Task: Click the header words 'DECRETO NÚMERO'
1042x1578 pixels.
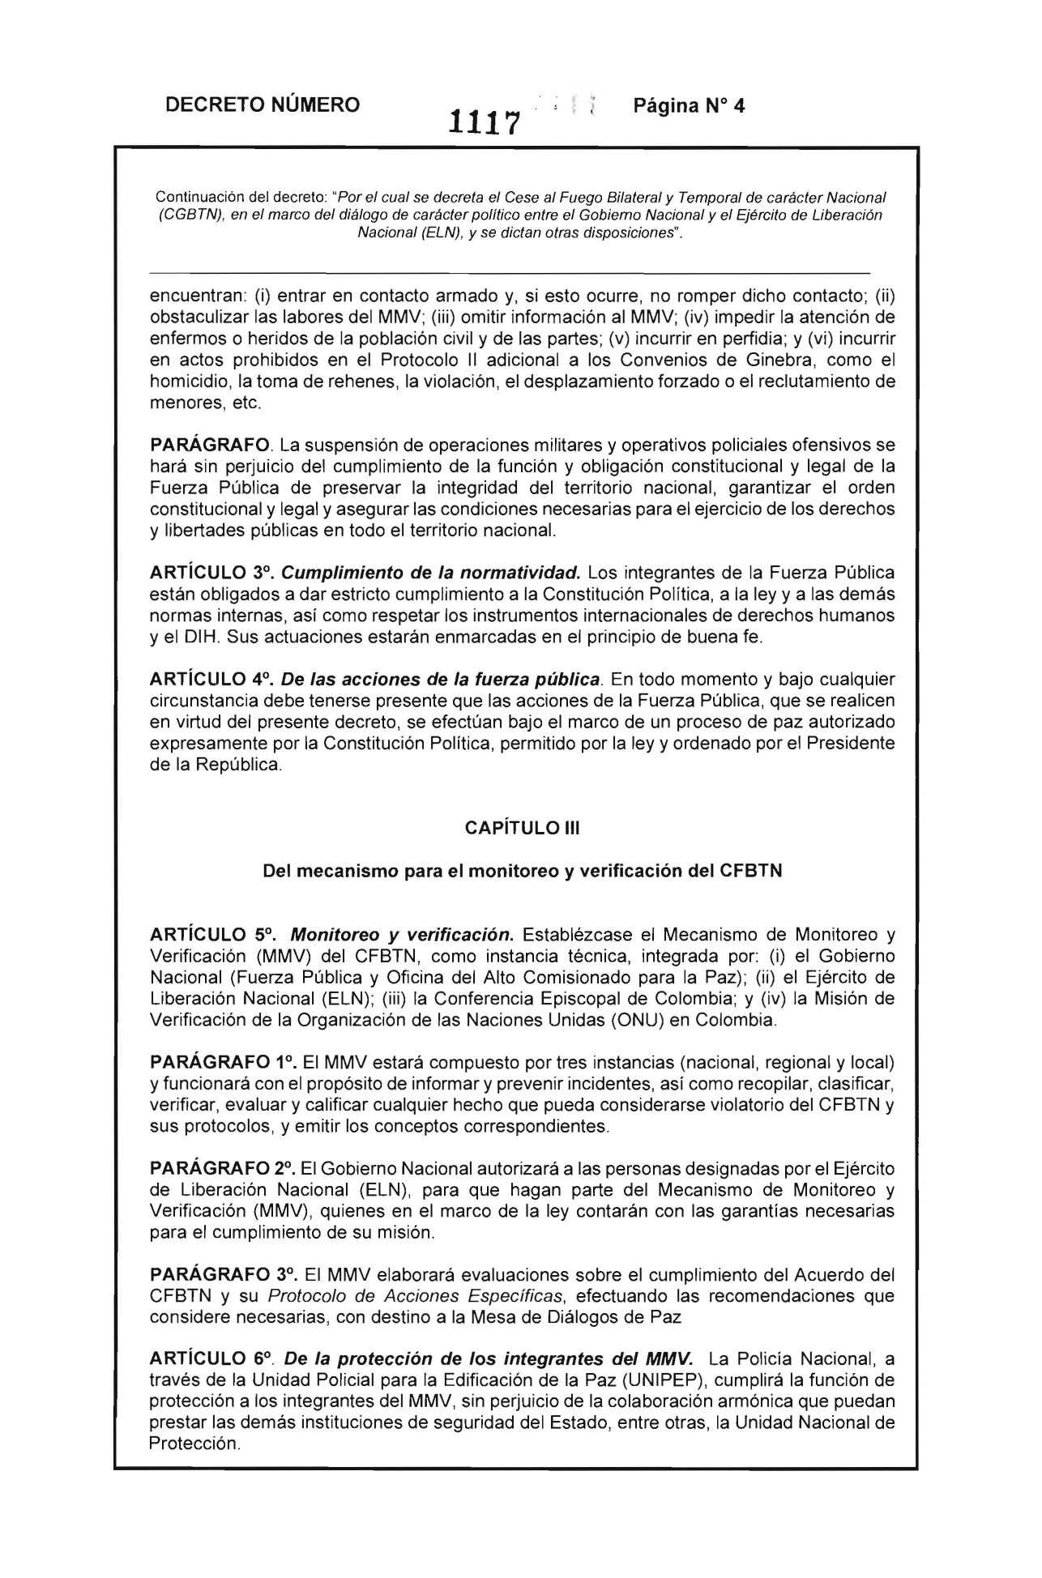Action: pyautogui.click(x=262, y=104)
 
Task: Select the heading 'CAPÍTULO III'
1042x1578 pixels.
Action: pyautogui.click(x=523, y=829)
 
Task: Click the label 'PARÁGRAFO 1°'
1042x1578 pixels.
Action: pyautogui.click(x=221, y=1061)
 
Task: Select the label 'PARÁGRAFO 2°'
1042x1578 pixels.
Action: pyautogui.click(x=221, y=1168)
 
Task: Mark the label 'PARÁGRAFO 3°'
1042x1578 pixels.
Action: pyautogui.click(x=221, y=1274)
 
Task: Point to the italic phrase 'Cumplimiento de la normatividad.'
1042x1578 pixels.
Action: pyautogui.click(x=430, y=573)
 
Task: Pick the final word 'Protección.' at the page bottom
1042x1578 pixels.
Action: pyautogui.click(x=195, y=1444)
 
